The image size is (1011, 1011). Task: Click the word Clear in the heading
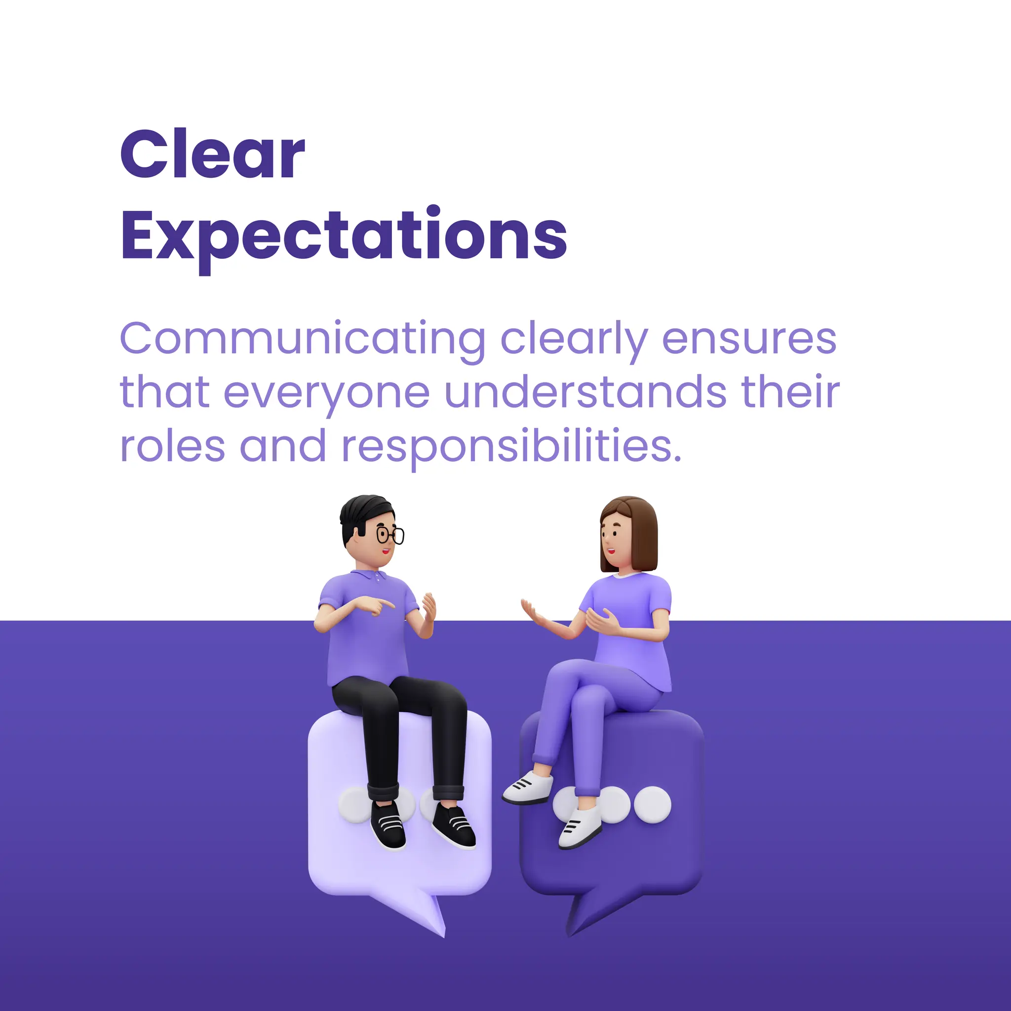pyautogui.click(x=212, y=155)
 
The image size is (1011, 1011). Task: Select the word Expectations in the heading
pyautogui.click(x=344, y=235)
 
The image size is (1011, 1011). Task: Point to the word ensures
pyautogui.click(x=749, y=339)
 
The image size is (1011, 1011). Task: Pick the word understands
pyautogui.click(x=585, y=392)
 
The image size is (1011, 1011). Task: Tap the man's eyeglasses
pyautogui.click(x=390, y=535)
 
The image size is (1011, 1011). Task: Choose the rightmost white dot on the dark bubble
pyautogui.click(x=652, y=805)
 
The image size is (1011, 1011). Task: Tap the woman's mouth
pyautogui.click(x=610, y=550)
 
